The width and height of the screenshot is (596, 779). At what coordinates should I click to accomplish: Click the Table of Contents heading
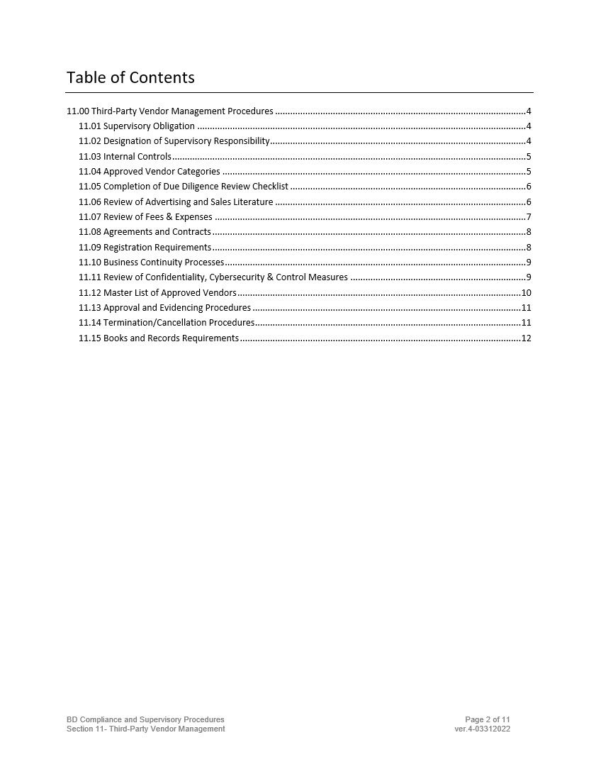pos(130,77)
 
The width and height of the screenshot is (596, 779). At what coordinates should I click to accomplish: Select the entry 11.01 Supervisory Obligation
pos(137,126)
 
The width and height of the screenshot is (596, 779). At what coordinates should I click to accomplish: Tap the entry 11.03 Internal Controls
pos(125,157)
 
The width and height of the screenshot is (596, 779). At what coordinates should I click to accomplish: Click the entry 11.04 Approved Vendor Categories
pos(150,172)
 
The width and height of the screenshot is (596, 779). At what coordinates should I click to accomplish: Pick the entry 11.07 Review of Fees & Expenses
pos(145,217)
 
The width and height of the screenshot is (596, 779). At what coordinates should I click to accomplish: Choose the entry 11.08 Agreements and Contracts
pos(145,232)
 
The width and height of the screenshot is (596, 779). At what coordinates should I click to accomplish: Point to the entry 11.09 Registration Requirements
pos(145,248)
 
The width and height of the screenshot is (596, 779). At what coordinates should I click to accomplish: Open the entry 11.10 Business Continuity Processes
pos(151,263)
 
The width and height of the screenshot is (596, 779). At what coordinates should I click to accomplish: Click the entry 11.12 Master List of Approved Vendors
pos(157,293)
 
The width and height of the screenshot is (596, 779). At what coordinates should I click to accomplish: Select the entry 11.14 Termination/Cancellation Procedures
pos(167,323)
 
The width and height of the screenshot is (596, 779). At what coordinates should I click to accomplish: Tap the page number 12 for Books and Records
pos(526,338)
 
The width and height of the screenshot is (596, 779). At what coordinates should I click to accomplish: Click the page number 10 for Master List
pos(526,293)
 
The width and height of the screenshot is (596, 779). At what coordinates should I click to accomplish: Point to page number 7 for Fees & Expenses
pos(529,217)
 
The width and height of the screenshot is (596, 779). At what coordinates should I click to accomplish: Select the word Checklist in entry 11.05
pos(270,187)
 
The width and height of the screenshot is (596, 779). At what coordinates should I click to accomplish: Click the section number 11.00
pos(78,111)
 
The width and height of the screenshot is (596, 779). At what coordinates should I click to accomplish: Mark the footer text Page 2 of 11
pos(488,719)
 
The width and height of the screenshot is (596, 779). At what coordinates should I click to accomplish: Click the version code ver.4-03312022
pos(483,729)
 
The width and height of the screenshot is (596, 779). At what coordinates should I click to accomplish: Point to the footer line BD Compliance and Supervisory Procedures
pos(145,719)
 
